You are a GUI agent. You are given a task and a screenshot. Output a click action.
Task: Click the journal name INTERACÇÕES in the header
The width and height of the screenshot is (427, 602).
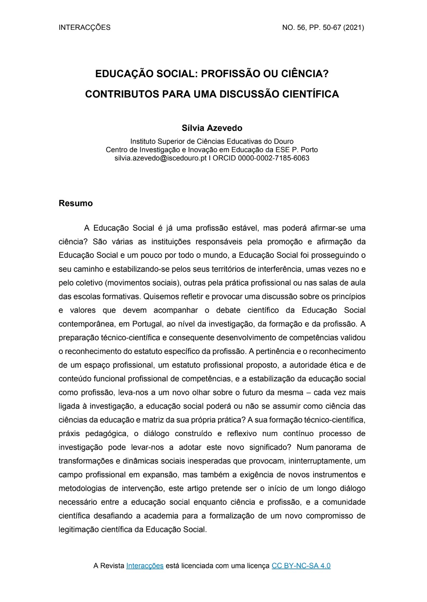point(84,27)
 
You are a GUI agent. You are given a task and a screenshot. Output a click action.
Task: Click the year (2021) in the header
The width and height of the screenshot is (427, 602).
point(353,27)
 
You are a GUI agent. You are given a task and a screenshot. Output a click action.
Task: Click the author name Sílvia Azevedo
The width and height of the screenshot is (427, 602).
point(212,128)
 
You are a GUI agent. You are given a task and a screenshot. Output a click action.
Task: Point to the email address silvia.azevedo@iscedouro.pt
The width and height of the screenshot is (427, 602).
point(160,158)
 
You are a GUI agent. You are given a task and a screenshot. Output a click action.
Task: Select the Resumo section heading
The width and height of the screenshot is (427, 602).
point(76,203)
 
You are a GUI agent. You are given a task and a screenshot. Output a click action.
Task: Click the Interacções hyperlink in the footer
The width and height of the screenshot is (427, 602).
point(145,566)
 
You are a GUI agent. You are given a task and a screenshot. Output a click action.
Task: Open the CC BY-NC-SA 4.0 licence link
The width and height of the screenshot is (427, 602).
point(301,566)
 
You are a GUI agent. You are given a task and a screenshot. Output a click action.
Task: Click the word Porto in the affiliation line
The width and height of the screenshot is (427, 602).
point(309,150)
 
